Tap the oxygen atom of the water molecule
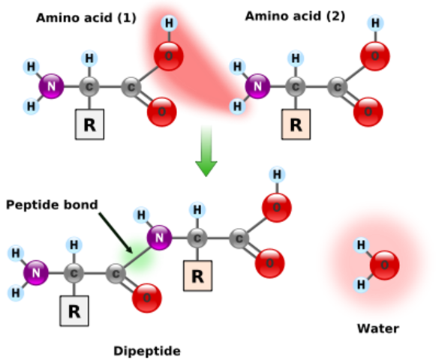[x=384, y=265]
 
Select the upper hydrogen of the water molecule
[x=361, y=245]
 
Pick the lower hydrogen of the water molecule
[x=361, y=284]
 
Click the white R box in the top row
[x=89, y=124]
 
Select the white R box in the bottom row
[x=74, y=311]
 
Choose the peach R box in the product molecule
[x=197, y=276]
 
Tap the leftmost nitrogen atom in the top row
[x=52, y=86]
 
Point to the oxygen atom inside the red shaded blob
[x=168, y=56]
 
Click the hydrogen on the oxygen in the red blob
[x=169, y=23]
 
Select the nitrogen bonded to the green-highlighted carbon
[x=159, y=237]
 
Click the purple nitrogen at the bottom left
[x=35, y=273]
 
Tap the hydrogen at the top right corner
[x=375, y=23]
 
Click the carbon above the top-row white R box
[x=89, y=86]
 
